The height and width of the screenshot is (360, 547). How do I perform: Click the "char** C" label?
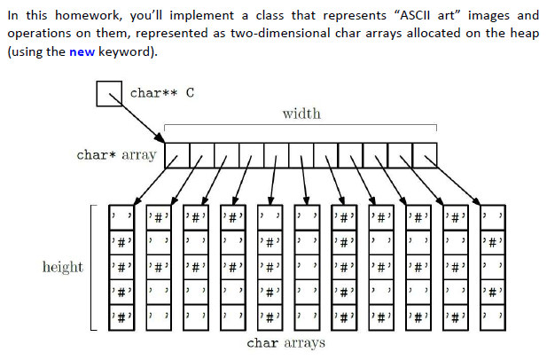pyautogui.click(x=160, y=92)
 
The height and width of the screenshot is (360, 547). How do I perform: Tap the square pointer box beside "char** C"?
pyautogui.click(x=109, y=93)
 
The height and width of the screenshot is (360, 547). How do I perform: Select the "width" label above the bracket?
pyautogui.click(x=301, y=113)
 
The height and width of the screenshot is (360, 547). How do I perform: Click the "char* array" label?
pyautogui.click(x=116, y=155)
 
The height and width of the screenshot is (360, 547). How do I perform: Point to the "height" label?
pyautogui.click(x=63, y=267)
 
